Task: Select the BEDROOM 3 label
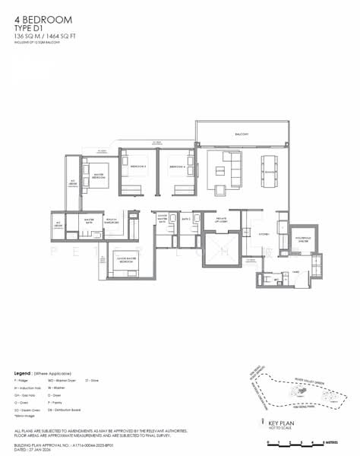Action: pos(137,166)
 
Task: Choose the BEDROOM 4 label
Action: pos(178,166)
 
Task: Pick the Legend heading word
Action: pos(23,374)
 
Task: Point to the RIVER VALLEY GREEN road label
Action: pos(314,373)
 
